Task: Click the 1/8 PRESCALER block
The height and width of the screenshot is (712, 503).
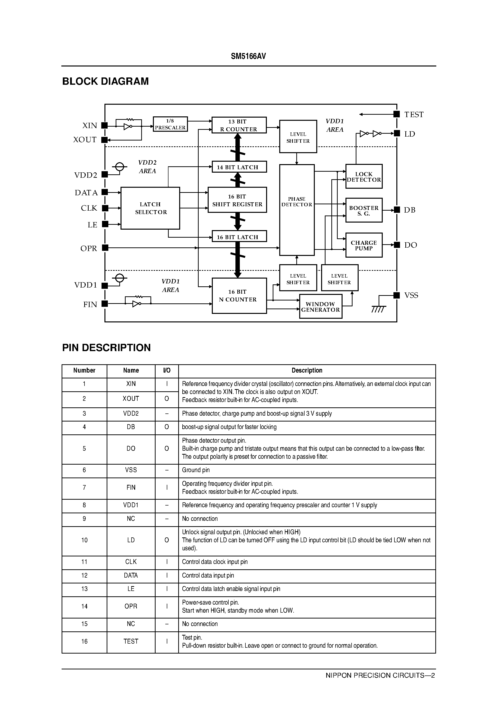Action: [170, 124]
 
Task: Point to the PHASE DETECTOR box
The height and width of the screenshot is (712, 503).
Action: [297, 210]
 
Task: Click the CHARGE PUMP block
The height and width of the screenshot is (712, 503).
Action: [364, 245]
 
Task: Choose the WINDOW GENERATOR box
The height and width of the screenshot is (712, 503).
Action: [320, 307]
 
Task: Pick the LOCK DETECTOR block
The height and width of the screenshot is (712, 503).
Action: [364, 177]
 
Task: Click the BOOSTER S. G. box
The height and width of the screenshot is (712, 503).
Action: [364, 210]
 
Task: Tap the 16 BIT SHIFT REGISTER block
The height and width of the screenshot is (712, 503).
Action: [237, 200]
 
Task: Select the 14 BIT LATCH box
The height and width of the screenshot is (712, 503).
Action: [239, 167]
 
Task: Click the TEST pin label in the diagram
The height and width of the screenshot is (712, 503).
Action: [414, 115]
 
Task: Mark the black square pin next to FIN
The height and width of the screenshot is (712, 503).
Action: [105, 304]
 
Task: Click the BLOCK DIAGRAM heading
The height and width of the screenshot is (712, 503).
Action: [105, 81]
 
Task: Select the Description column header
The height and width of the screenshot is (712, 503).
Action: [307, 370]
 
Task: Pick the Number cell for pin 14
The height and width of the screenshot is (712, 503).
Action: [84, 606]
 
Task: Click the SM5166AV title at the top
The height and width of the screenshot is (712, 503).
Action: [248, 56]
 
